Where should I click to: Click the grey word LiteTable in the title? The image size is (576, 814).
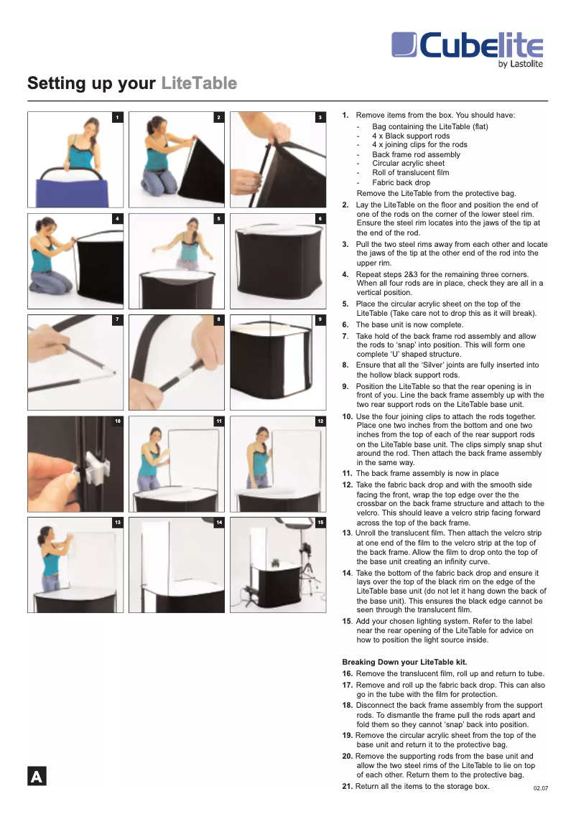tap(199, 84)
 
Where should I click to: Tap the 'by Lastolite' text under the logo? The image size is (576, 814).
tap(520, 65)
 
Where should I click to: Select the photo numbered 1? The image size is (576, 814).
tap(75, 159)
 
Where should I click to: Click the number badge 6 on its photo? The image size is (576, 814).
tap(320, 218)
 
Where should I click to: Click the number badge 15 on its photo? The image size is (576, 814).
tap(320, 522)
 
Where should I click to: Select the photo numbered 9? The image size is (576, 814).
tap(277, 362)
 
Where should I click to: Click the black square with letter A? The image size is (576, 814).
tap(37, 777)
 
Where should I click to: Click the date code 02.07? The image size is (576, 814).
tap(540, 789)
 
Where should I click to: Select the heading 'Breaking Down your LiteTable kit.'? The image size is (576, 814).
tap(405, 661)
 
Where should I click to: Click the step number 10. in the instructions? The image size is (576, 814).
tap(347, 416)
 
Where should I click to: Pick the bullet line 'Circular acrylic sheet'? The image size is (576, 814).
tap(408, 164)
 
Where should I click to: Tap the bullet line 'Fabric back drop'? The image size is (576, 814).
tap(401, 183)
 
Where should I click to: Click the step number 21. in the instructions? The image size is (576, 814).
tap(347, 786)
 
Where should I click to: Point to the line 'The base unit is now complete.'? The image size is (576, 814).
tap(402, 324)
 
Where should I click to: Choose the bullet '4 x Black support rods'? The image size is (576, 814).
tap(411, 136)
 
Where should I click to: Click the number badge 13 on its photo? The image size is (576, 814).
tap(117, 522)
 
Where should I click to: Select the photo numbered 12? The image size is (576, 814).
tap(277, 464)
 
